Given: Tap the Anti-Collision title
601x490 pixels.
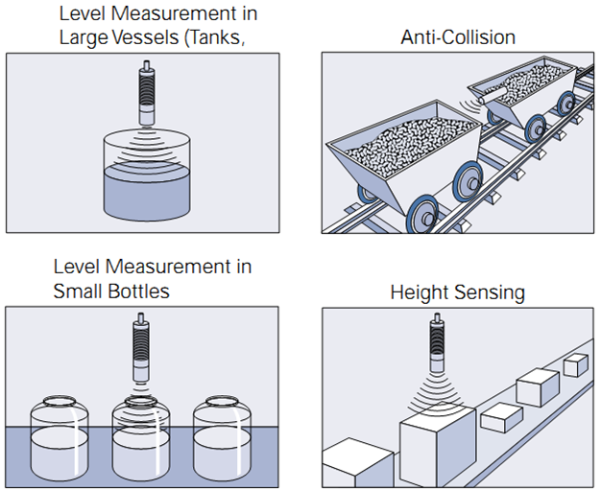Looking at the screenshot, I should [x=457, y=37].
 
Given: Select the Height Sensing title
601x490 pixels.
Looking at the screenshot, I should [x=457, y=292].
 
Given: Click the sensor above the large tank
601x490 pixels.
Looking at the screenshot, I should [x=147, y=95].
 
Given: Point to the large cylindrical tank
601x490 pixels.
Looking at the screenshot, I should [x=147, y=182].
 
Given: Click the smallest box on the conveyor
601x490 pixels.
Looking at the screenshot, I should [x=576, y=364].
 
